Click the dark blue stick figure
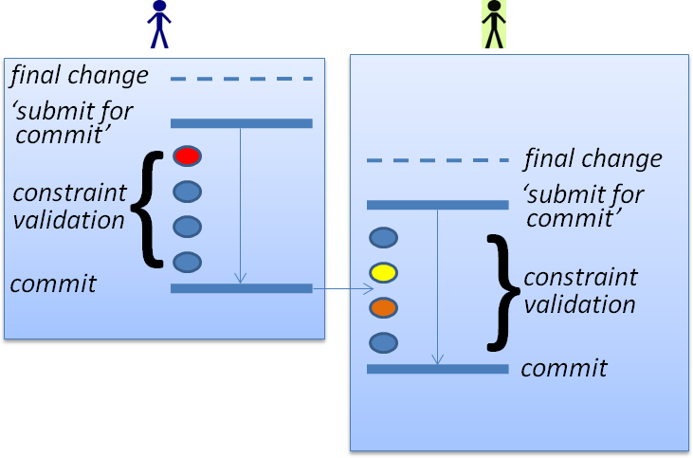tap(159, 24)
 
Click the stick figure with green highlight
tap(493, 24)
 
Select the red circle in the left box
tap(187, 156)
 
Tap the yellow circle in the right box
tap(383, 273)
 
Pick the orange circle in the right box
tap(383, 308)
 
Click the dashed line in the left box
tap(241, 79)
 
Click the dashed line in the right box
tap(437, 160)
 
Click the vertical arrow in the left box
tap(241, 205)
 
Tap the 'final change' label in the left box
tap(80, 75)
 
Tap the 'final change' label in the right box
tap(593, 158)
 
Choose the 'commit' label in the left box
tap(53, 284)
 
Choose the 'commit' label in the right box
tap(564, 368)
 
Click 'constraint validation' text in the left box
tap(69, 207)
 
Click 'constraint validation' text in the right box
tap(580, 291)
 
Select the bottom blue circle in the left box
tap(187, 262)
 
